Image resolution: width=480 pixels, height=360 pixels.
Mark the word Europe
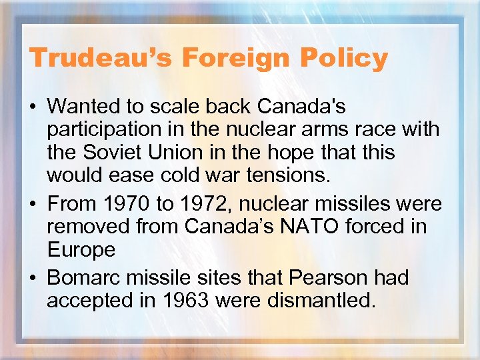(x=81, y=251)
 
